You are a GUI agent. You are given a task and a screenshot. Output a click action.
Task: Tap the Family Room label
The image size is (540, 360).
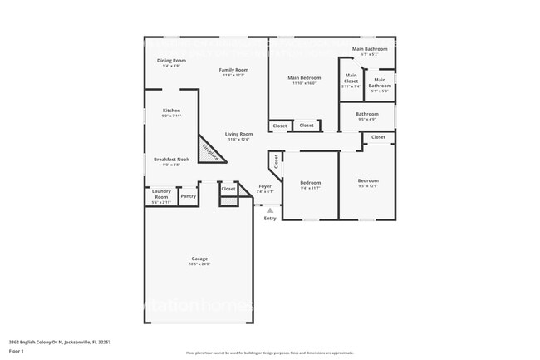[233, 70]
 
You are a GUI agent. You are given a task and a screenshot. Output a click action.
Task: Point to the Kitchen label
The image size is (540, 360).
[171, 111]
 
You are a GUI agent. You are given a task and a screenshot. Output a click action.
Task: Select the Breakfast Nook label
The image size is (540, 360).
[171, 159]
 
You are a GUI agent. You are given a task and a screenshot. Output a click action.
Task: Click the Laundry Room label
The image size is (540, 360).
[160, 195]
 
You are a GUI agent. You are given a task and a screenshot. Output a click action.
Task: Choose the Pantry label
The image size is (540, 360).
[189, 196]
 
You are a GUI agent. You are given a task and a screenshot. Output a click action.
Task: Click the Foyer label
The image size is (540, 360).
[265, 186]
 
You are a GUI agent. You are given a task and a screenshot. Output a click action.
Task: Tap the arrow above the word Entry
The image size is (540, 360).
[270, 210]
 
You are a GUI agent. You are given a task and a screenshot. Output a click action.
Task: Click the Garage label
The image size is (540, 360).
[199, 259]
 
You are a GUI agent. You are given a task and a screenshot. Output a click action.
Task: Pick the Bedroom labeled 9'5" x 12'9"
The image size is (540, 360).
[368, 180]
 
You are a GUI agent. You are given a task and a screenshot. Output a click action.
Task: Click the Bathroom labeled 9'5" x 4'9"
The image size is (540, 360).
[367, 114]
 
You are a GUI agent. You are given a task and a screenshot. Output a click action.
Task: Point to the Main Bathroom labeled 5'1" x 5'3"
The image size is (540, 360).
[380, 83]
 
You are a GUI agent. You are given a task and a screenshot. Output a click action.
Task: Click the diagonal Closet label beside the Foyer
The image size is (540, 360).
[273, 160]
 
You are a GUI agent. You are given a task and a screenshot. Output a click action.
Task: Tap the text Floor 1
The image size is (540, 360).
[16, 350]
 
